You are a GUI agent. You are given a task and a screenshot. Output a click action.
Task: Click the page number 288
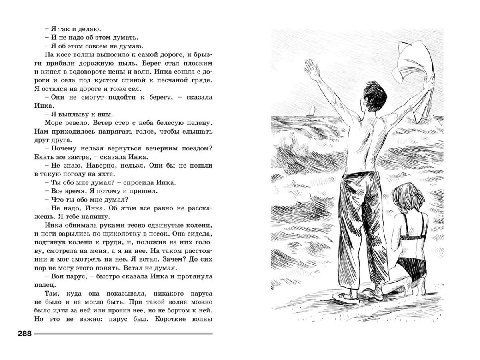point(25,334)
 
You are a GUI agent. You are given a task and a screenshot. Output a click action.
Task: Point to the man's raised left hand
point(310,69)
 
